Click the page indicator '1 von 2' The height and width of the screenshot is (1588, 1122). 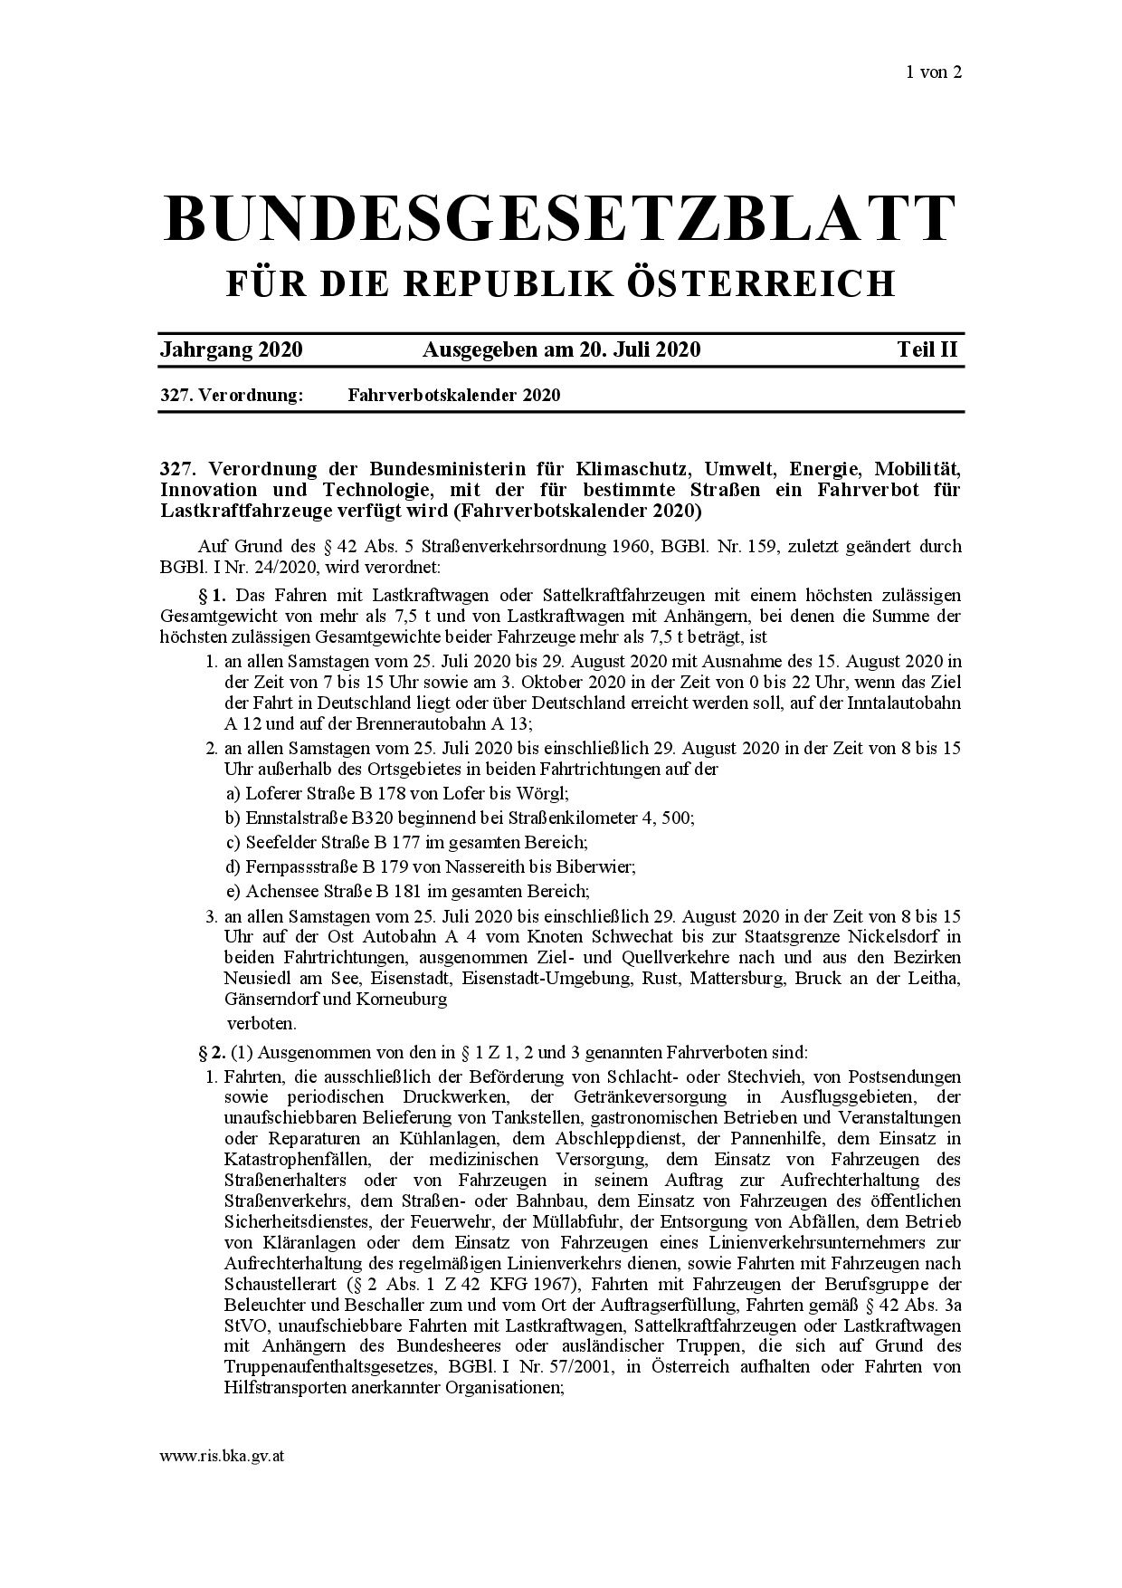[933, 72]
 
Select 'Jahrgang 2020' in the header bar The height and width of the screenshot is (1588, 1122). [231, 349]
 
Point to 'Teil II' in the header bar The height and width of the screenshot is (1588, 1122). [927, 349]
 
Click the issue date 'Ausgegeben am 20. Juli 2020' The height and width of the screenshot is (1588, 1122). [561, 349]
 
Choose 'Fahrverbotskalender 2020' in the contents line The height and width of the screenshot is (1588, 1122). [453, 395]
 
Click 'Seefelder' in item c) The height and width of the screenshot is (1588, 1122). [277, 842]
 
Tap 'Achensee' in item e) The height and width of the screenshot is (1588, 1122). [277, 891]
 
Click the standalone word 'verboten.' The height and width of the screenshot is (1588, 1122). [261, 1023]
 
